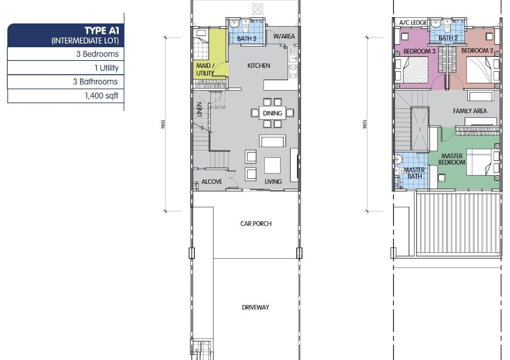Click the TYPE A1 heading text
(x=102, y=31)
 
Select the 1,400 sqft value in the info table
(x=101, y=95)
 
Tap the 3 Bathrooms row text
(x=95, y=82)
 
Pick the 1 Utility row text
(x=106, y=68)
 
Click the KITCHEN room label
(x=259, y=66)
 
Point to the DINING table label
(x=272, y=113)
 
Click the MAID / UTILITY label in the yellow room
(x=205, y=70)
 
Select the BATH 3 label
(x=247, y=39)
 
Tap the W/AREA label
(x=284, y=36)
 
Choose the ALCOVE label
(x=212, y=182)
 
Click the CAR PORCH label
(x=256, y=224)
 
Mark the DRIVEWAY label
(x=255, y=307)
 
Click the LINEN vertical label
(x=200, y=109)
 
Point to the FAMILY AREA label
(x=470, y=111)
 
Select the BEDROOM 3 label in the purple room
(x=419, y=51)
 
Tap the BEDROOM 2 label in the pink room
(x=477, y=51)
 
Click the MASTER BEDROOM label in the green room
(x=452, y=159)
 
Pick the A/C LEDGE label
(x=413, y=22)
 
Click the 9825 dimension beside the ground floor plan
(x=163, y=124)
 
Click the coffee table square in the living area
(x=272, y=166)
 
